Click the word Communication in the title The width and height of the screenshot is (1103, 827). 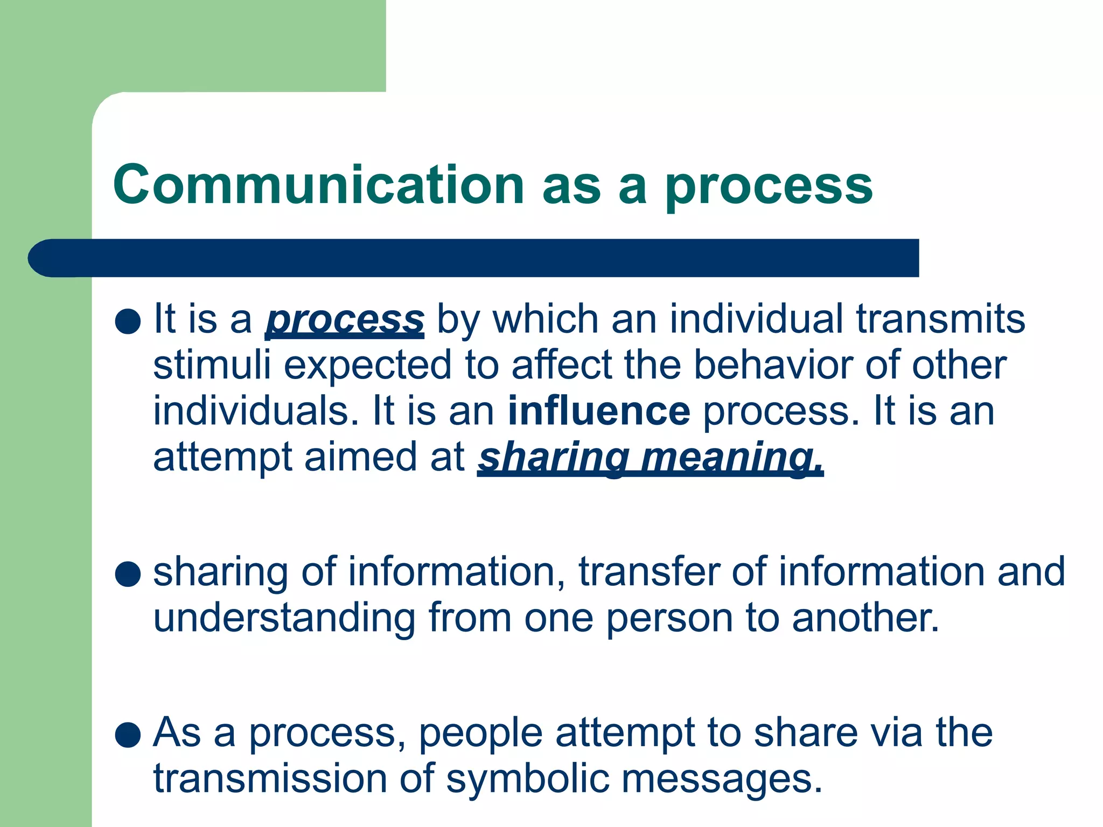(318, 185)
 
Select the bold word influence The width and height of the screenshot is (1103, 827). (599, 411)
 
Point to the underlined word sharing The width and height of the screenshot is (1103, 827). (553, 458)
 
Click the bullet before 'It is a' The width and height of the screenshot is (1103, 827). (128, 321)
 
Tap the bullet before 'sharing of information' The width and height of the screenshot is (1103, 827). (128, 574)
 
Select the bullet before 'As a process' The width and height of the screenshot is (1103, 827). (128, 735)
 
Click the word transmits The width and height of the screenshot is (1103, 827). (940, 319)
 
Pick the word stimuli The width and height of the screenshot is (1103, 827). (212, 365)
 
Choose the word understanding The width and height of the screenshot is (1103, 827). (284, 618)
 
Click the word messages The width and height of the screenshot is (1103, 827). (722, 780)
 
